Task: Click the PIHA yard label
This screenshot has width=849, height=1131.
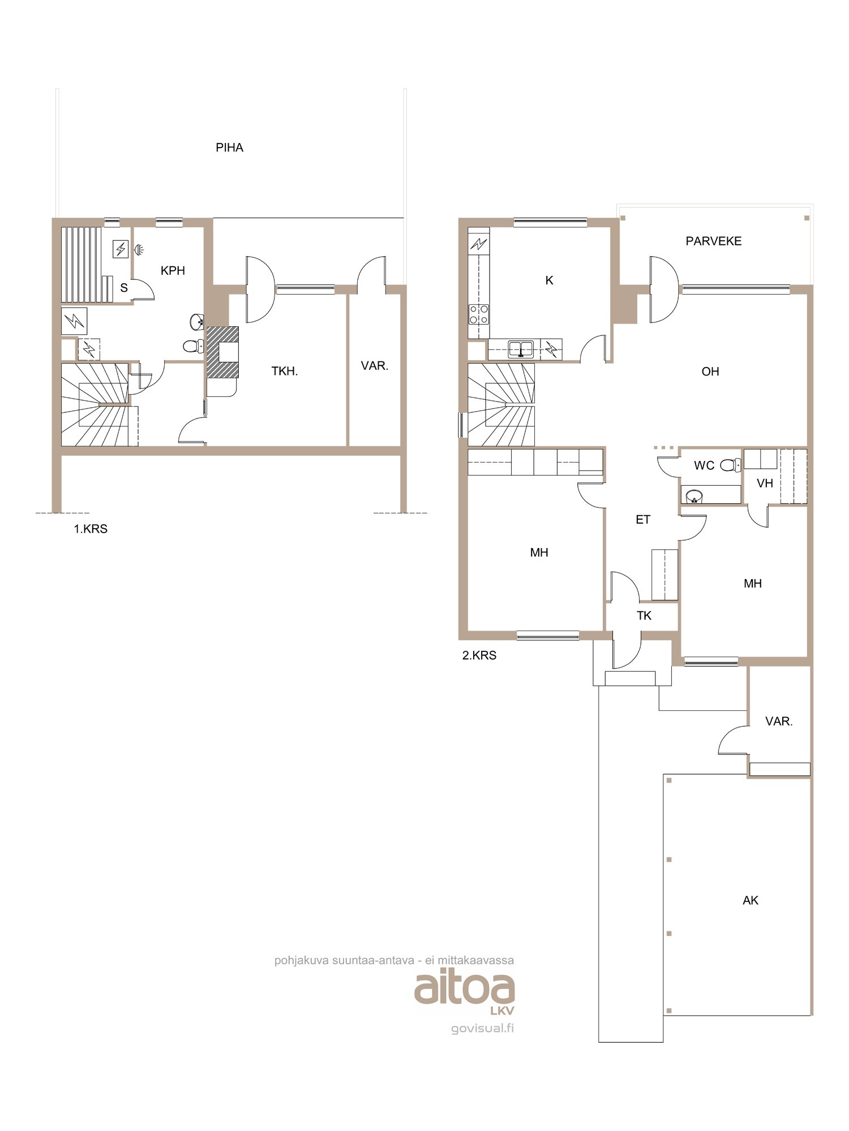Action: click(229, 148)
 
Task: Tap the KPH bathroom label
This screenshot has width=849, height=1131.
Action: click(173, 270)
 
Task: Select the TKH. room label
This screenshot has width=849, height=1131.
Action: click(284, 371)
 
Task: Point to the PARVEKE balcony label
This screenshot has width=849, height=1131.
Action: click(713, 241)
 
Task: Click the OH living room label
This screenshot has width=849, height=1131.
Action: click(710, 372)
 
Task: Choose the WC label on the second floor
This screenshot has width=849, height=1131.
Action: click(704, 465)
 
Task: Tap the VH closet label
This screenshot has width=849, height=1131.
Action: click(765, 484)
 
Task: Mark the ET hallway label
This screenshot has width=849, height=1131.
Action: click(643, 520)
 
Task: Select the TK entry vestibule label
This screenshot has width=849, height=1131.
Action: click(644, 616)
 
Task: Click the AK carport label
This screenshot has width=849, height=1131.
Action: click(751, 900)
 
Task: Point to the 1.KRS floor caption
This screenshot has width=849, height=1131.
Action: click(91, 529)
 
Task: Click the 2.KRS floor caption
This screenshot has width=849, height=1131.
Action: click(479, 655)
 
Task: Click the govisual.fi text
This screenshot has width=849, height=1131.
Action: click(483, 1028)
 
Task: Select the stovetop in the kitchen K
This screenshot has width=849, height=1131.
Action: click(479, 314)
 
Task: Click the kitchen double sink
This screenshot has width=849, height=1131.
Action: click(521, 349)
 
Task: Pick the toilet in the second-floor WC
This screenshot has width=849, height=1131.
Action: click(731, 465)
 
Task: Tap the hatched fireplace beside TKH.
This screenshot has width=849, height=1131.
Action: click(222, 352)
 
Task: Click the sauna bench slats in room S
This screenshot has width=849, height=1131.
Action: click(82, 264)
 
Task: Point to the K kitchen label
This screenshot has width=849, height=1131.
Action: click(549, 280)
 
